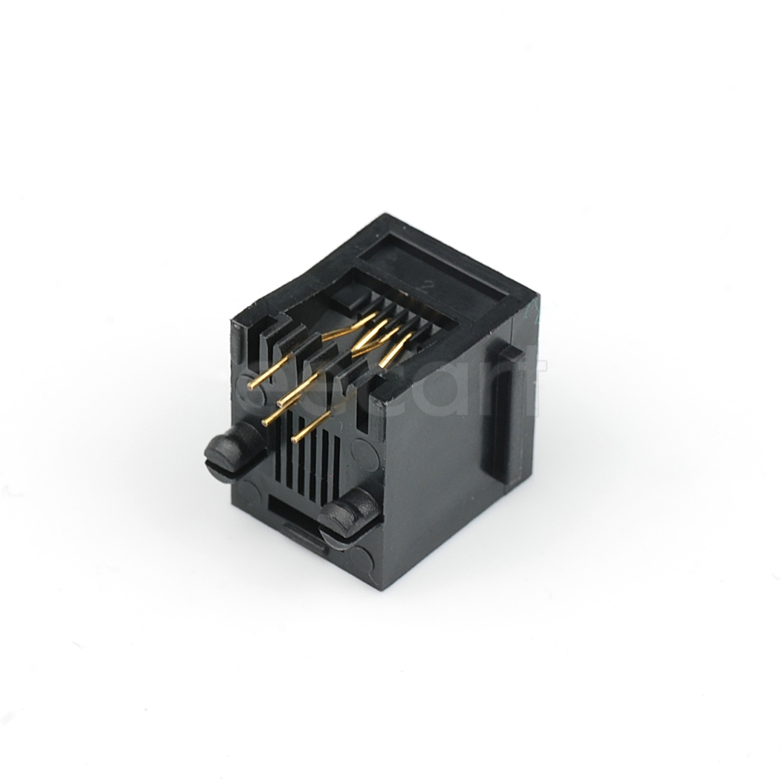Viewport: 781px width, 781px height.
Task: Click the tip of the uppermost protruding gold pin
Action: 250,387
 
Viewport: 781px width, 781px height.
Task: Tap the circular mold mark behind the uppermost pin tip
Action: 244,382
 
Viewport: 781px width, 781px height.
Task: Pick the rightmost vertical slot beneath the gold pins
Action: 338,460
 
